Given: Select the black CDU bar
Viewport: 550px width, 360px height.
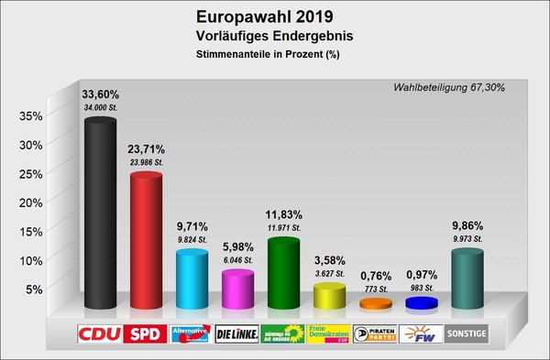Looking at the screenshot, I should click(x=100, y=215).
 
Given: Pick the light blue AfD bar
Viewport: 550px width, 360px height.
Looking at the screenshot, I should click(x=192, y=279).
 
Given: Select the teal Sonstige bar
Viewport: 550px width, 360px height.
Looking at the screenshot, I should click(x=467, y=279).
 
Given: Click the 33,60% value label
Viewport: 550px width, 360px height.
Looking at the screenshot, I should click(x=101, y=93).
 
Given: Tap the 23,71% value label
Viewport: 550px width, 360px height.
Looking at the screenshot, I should click(x=146, y=148).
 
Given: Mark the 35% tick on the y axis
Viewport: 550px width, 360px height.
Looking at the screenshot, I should click(x=31, y=116).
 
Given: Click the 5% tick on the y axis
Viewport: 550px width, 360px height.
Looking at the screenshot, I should click(x=35, y=289).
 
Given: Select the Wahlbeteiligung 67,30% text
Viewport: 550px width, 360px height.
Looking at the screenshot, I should click(x=448, y=87).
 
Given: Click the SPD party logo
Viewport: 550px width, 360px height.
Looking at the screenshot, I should click(x=146, y=334).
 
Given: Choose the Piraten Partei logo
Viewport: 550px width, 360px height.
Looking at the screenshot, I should click(x=375, y=334).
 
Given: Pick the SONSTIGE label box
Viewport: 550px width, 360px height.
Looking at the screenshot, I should click(x=467, y=334).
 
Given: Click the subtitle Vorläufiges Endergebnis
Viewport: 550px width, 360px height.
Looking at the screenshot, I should click(x=263, y=37).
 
